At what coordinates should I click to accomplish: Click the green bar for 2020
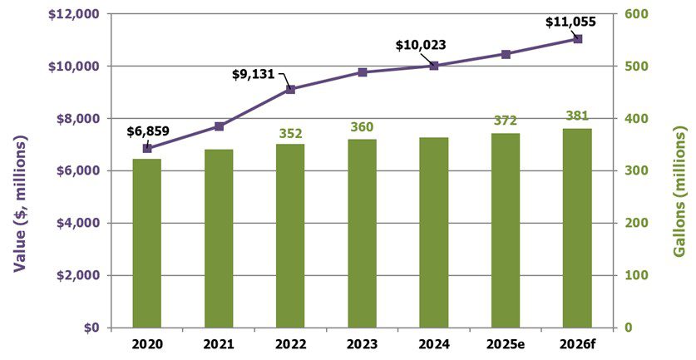coord(146,243)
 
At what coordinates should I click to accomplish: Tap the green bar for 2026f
coord(577,228)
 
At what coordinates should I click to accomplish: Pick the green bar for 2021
coord(219,239)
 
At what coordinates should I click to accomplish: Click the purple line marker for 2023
coord(363,72)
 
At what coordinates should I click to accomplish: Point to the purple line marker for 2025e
coord(506,54)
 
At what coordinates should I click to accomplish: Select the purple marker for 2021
coord(219,126)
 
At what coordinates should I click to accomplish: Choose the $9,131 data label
coord(254,74)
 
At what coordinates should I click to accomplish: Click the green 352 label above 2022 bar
coord(290,132)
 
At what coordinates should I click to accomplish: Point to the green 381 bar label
coord(577,116)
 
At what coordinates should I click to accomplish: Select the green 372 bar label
coord(506,121)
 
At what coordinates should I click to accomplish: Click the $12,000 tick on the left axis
coord(76,14)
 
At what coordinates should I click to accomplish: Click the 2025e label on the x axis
coord(506,343)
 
